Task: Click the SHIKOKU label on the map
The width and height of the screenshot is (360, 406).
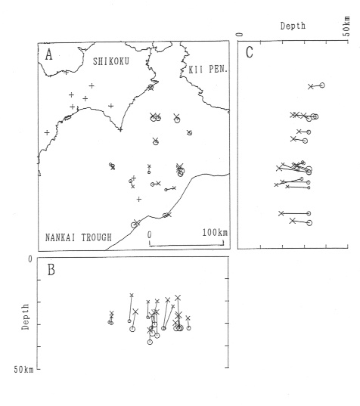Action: click(x=111, y=61)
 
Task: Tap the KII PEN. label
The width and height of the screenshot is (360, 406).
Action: click(x=208, y=69)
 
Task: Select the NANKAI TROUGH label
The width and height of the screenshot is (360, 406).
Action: click(x=79, y=237)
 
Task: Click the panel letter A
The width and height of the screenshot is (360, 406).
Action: click(x=48, y=55)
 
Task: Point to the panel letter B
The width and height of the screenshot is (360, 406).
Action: click(x=51, y=270)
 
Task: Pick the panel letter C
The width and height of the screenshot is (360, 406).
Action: click(x=249, y=53)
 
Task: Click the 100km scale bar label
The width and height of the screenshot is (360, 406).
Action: click(x=215, y=233)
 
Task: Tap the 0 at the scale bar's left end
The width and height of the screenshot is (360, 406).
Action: click(x=150, y=235)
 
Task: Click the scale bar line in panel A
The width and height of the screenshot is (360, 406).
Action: click(x=187, y=245)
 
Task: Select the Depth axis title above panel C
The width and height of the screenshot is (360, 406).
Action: click(x=293, y=26)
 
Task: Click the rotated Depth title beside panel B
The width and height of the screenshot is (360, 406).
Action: click(x=25, y=317)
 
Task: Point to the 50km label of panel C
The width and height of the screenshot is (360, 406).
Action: click(x=346, y=26)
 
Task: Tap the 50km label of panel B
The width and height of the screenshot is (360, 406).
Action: click(x=24, y=370)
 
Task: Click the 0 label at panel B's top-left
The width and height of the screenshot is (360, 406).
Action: click(x=30, y=259)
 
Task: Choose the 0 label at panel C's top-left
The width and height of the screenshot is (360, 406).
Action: click(x=241, y=35)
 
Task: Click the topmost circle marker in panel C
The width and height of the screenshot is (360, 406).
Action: click(x=322, y=85)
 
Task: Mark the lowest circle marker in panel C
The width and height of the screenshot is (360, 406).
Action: click(x=309, y=223)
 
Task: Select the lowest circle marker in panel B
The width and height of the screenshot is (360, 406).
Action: click(x=150, y=342)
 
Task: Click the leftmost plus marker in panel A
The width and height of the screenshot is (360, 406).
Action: click(x=47, y=132)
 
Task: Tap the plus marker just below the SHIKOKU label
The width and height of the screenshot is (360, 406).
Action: click(x=92, y=85)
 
